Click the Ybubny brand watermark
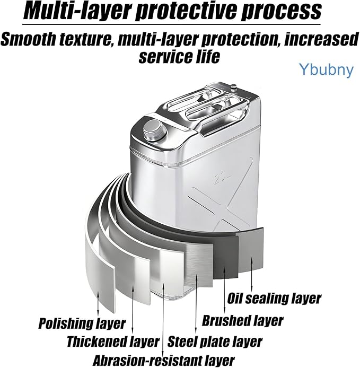coord(326,69)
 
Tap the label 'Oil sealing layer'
coord(274,299)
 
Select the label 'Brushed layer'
coord(243,320)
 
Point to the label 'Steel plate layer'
coord(215,341)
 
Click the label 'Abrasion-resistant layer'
coord(164,360)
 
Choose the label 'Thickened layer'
coord(113,341)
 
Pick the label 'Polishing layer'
coord(82,323)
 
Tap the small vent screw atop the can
coord(233,87)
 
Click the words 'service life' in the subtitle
coord(179,56)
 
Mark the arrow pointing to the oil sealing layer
coord(252,274)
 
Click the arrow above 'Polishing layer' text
coord(98,303)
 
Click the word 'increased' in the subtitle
coord(321,39)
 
